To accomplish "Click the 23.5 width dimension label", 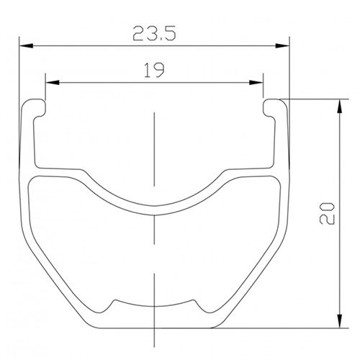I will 155,32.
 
